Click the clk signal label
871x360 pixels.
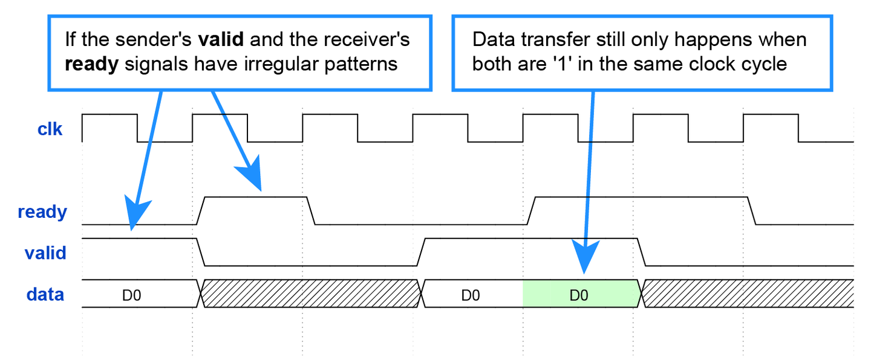pos(50,128)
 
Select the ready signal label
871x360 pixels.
pos(42,212)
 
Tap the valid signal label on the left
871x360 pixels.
pos(45,252)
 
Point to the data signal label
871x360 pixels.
pos(45,295)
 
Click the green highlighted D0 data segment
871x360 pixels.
pos(579,295)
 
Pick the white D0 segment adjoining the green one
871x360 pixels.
pos(471,295)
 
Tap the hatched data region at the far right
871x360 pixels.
pos(748,294)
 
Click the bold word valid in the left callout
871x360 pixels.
pos(221,41)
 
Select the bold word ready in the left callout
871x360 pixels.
pos(91,65)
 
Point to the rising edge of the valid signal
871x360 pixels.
pos(422,252)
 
